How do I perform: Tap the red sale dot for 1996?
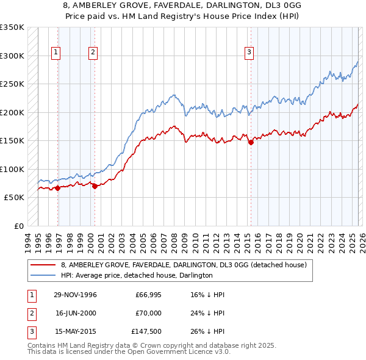click(x=58, y=188)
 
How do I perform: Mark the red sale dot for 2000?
click(x=95, y=186)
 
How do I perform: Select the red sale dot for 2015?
click(x=251, y=142)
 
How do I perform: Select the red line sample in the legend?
click(x=43, y=265)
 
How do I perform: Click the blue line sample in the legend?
click(x=43, y=275)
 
